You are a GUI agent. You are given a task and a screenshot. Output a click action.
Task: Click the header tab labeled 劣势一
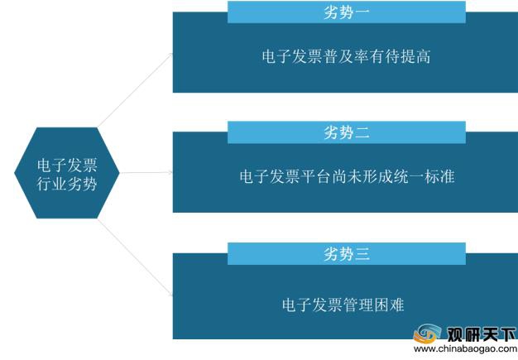tap(347, 12)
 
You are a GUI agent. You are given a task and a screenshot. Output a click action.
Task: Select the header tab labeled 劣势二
tap(347, 132)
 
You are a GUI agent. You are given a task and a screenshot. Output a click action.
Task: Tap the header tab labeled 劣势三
tap(347, 253)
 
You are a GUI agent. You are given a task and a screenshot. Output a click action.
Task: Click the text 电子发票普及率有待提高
tap(346, 56)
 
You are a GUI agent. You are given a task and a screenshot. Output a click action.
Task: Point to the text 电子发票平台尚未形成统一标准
tap(347, 176)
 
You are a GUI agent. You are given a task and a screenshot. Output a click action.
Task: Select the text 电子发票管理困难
tap(343, 305)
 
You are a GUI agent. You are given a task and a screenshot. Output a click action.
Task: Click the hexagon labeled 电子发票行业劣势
tap(67, 173)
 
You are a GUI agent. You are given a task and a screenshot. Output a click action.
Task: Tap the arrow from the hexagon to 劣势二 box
tap(146, 172)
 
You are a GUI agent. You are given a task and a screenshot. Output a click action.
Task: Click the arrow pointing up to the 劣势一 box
tap(136, 90)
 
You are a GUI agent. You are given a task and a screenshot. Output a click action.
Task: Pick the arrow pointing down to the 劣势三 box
tap(136, 257)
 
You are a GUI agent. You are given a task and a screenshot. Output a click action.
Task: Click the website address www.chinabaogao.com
tap(465, 348)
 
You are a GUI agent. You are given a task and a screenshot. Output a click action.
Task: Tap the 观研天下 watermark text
tap(482, 334)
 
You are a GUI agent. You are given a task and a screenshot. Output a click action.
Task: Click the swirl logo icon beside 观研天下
tap(427, 334)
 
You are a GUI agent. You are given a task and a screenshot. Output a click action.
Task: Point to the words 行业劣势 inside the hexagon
tap(67, 184)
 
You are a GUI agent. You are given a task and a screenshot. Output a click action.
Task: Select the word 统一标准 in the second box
tap(424, 176)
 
